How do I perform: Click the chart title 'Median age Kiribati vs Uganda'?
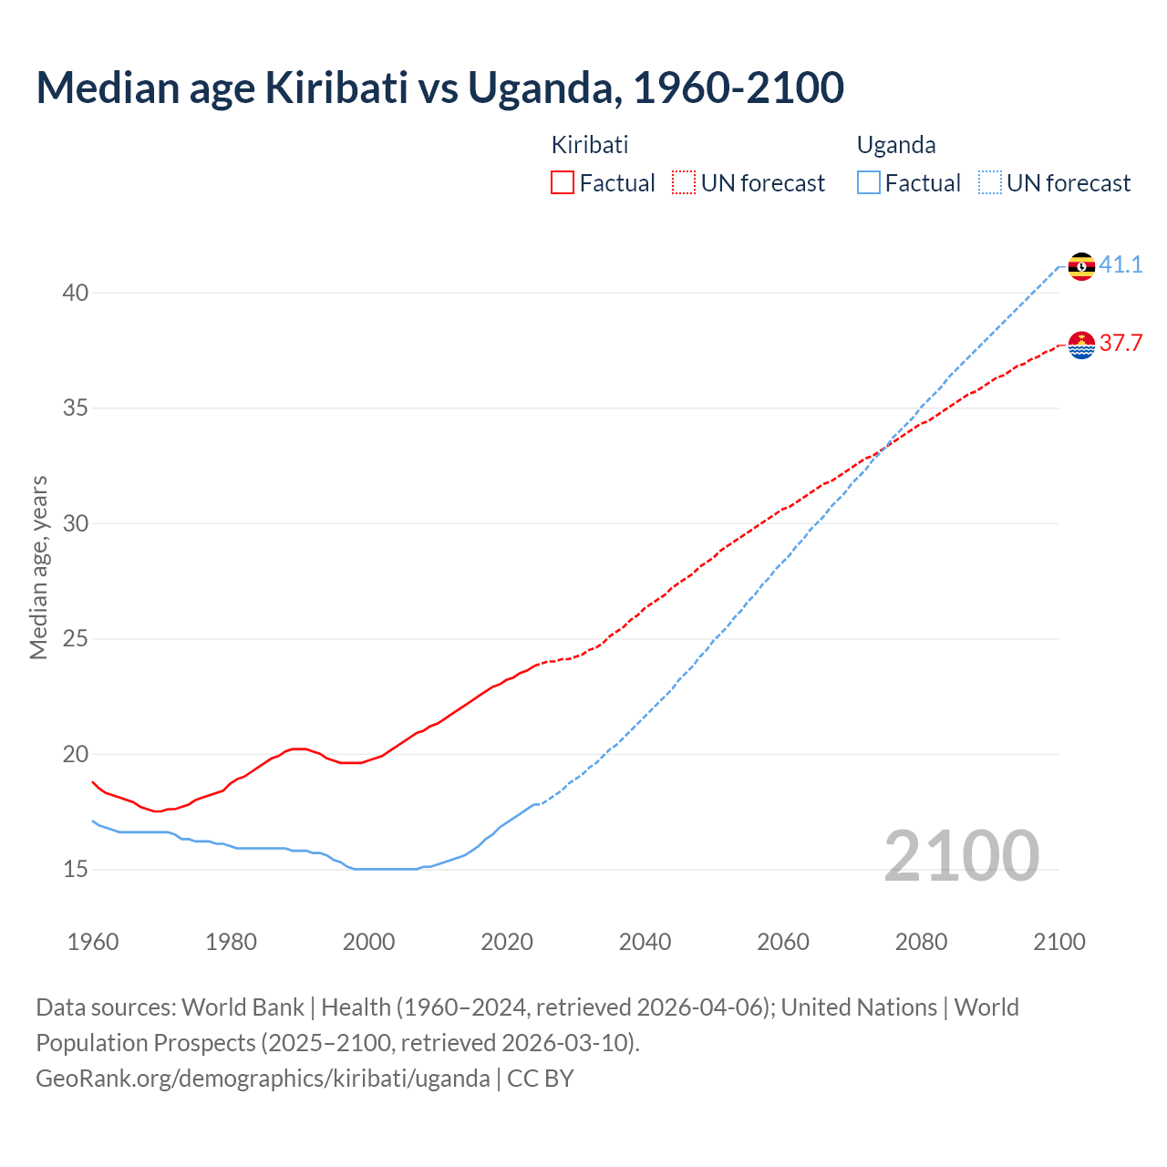click(x=439, y=88)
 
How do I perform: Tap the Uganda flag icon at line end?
click(x=1081, y=266)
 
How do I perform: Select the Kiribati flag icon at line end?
click(x=1081, y=345)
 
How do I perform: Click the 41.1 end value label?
click(x=1121, y=265)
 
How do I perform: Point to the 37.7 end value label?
click(x=1121, y=344)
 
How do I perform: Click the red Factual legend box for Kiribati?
click(x=563, y=183)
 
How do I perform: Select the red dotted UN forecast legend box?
click(x=684, y=183)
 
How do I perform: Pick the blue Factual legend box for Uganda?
click(x=869, y=183)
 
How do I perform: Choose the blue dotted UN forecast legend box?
click(x=989, y=183)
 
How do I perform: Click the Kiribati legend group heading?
click(x=590, y=145)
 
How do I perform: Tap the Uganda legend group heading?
click(x=896, y=145)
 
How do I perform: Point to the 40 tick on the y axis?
click(x=76, y=293)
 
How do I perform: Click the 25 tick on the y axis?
click(x=76, y=639)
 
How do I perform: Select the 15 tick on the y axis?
click(x=76, y=870)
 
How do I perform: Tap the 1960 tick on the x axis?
click(x=93, y=942)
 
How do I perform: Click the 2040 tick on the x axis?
click(x=645, y=942)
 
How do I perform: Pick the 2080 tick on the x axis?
click(x=921, y=942)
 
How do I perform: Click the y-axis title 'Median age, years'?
click(x=38, y=567)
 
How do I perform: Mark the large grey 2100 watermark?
click(x=961, y=856)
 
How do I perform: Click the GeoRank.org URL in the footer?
click(x=263, y=1079)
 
